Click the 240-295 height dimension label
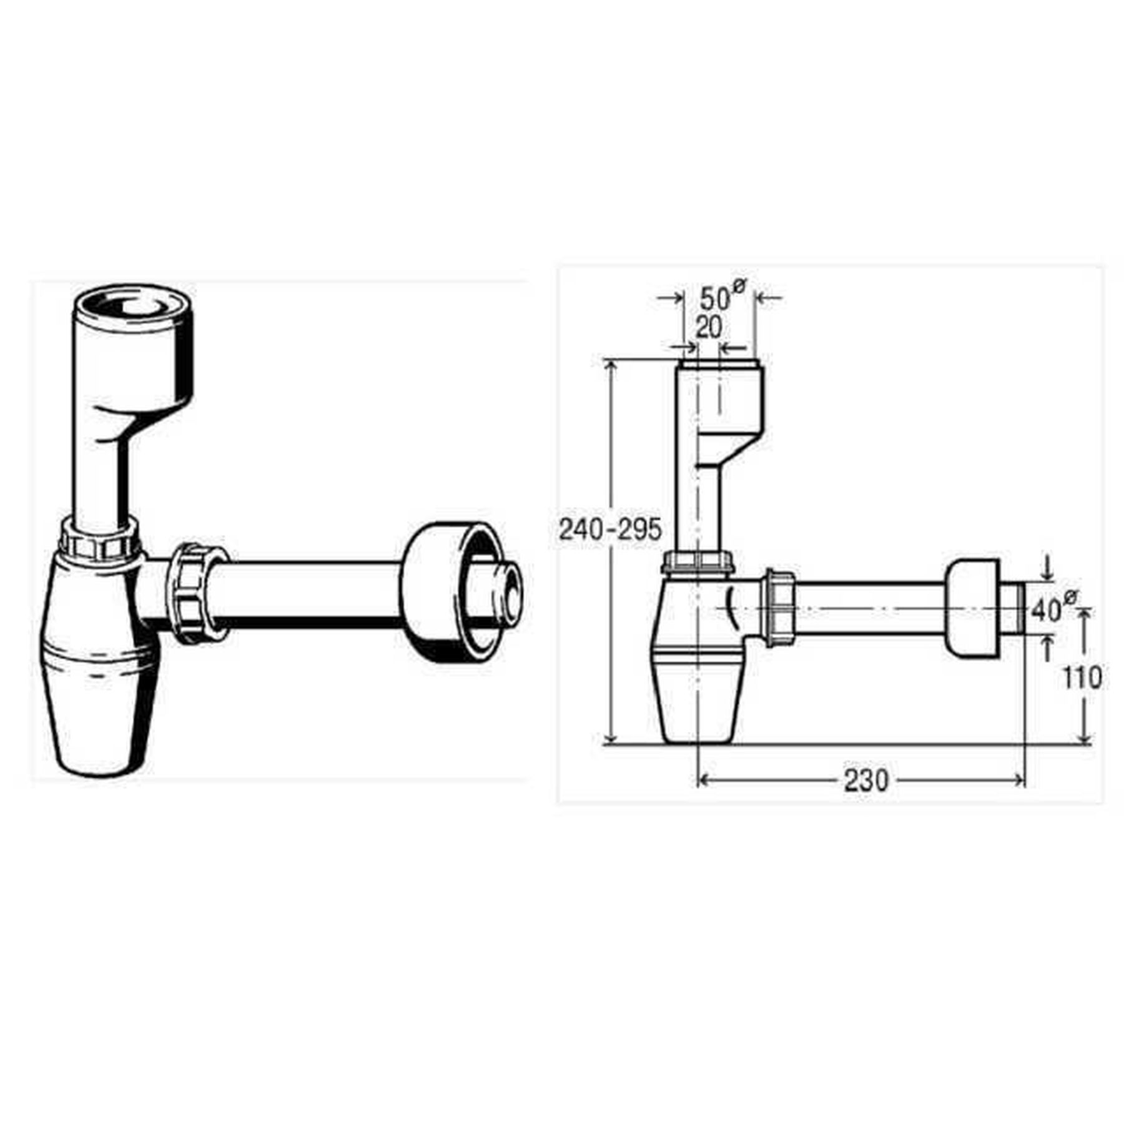point(609,530)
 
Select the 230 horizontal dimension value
point(865,780)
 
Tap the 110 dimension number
point(1083,678)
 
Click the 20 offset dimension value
point(709,328)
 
